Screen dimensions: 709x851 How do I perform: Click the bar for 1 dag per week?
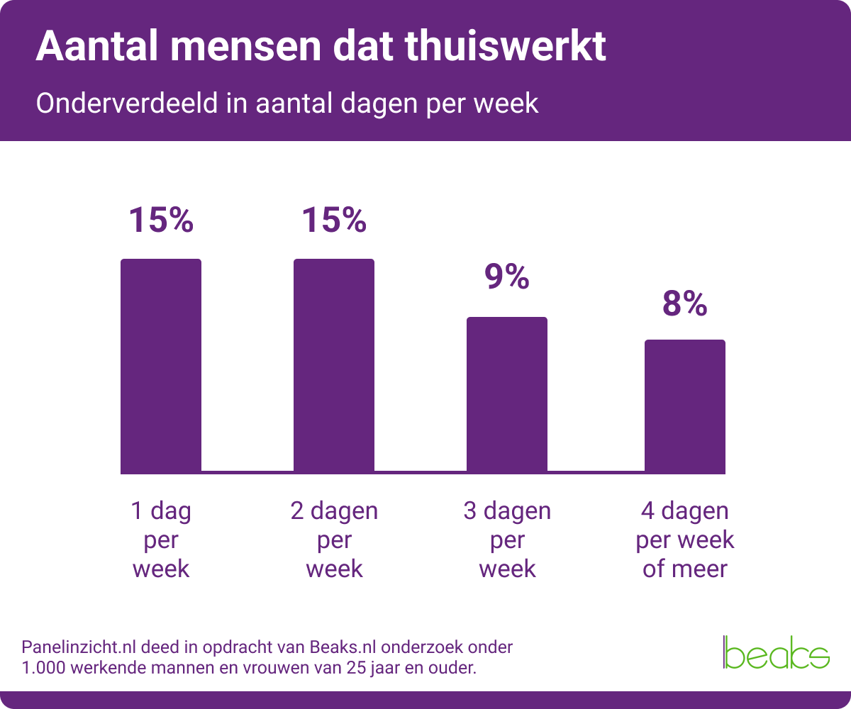tap(161, 366)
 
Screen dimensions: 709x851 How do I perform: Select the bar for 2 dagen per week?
tap(334, 366)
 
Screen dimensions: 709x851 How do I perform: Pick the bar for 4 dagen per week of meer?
tap(685, 406)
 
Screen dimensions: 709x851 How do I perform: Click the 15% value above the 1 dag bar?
tap(161, 220)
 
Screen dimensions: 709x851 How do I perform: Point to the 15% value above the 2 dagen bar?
tap(334, 220)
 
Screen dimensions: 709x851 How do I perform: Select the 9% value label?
tap(507, 277)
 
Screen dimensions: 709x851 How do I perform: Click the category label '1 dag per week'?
tap(161, 540)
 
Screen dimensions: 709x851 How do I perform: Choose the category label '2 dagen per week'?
tap(334, 540)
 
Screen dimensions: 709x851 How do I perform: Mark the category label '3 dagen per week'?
tap(507, 540)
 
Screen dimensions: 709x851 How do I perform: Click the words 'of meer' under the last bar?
tap(685, 569)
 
